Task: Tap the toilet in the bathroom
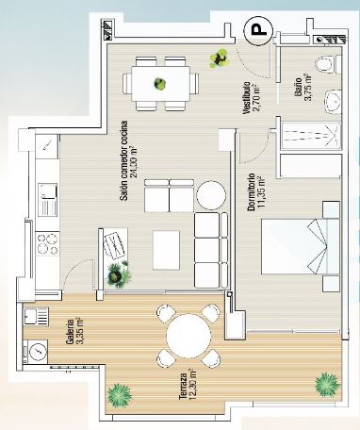coord(323,64)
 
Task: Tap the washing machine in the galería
coord(36,351)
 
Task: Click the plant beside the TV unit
coord(118,274)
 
